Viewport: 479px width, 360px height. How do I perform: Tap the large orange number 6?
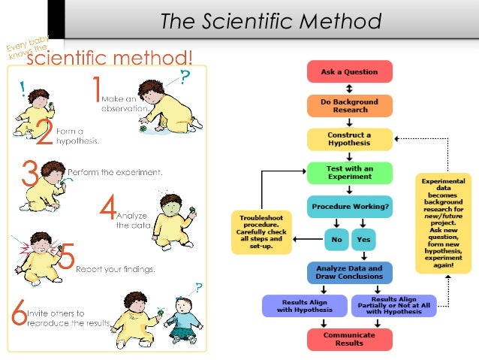[17, 313]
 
